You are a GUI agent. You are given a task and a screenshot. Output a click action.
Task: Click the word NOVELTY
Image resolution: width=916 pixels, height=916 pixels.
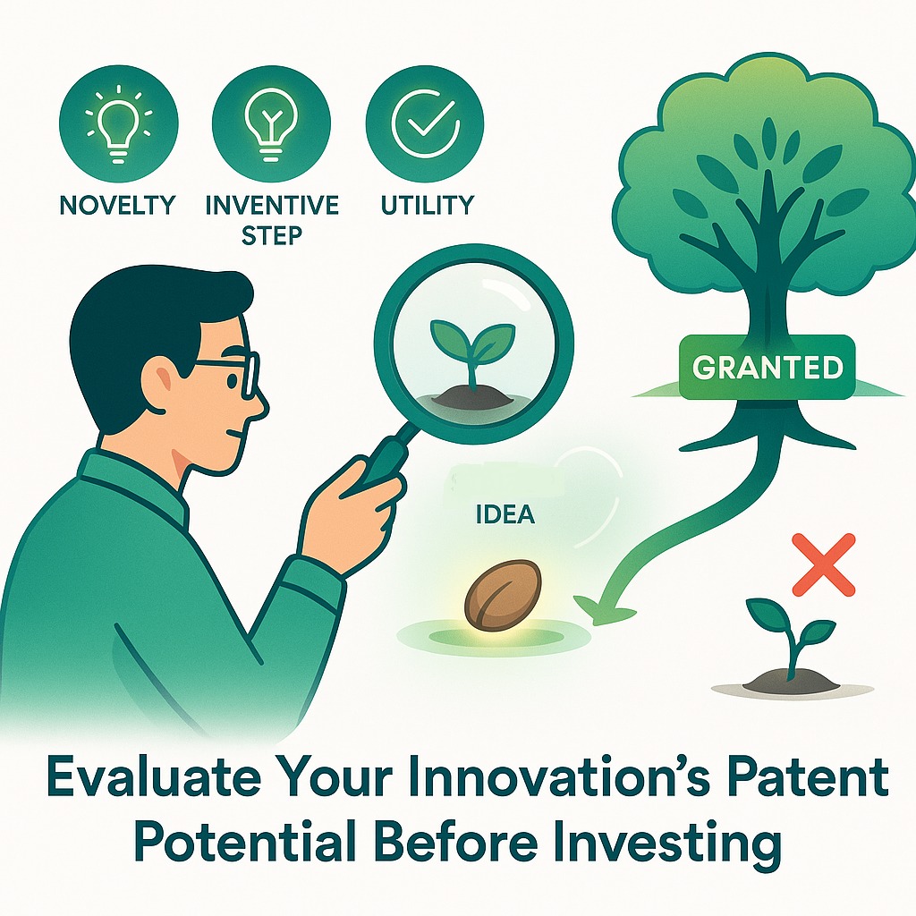coord(117,205)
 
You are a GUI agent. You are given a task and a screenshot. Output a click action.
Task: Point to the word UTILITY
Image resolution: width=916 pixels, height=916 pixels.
coord(427,205)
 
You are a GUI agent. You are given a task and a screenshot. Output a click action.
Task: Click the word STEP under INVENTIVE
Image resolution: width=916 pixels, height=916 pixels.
coord(272,235)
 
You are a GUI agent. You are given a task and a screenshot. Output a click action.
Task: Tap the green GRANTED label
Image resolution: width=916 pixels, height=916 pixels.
coord(768,367)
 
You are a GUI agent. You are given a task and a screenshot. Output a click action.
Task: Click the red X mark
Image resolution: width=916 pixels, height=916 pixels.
coord(824,564)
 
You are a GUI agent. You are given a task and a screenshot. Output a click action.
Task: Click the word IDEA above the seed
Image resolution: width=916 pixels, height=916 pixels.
coord(506,514)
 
